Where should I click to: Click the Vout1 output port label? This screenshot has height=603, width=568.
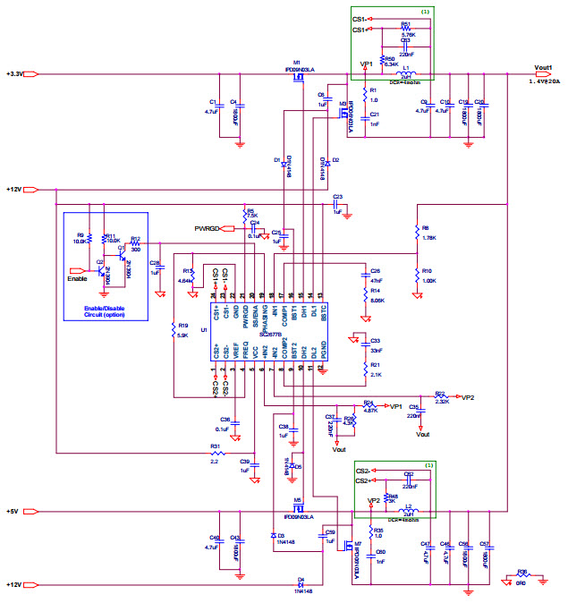tap(544, 67)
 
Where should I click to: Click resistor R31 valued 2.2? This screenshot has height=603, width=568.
tap(215, 453)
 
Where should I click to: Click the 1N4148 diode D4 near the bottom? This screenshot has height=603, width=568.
tap(301, 584)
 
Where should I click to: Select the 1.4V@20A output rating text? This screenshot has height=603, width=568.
tap(545, 81)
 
